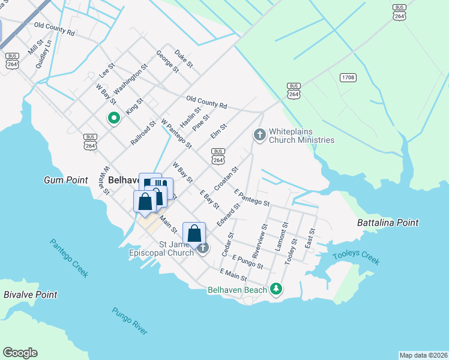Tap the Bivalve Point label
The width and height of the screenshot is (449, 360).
[x=31, y=295]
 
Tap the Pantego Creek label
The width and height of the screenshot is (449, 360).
[x=69, y=258]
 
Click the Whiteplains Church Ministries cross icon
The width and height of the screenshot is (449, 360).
[x=260, y=134]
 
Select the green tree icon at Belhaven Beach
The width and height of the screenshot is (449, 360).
[x=276, y=289]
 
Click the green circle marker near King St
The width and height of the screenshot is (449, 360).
[x=113, y=118]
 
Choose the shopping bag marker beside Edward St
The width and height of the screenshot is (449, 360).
[x=194, y=233]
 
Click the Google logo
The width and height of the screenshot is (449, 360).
[x=20, y=353]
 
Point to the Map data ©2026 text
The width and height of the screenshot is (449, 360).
[x=423, y=355]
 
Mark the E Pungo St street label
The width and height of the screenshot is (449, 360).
[x=248, y=261]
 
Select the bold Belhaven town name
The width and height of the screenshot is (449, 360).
[x=124, y=179]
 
